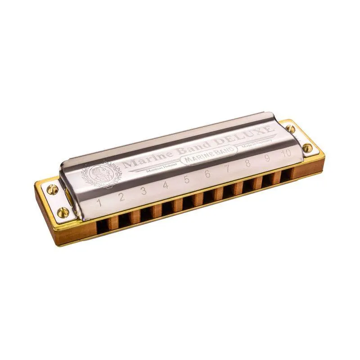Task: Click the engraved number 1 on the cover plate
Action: pos(99,202)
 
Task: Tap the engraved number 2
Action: pos(121,197)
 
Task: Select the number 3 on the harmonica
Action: pos(143,191)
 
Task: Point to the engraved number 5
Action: pos(186,179)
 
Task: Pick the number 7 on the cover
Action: pos(228,168)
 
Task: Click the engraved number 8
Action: pos(247,163)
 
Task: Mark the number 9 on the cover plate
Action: pos(267,158)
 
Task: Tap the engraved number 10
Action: pos(286,153)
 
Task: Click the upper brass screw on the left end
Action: pos(52,189)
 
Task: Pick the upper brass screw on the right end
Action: pos(291,129)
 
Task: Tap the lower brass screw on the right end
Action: pos(307,147)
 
